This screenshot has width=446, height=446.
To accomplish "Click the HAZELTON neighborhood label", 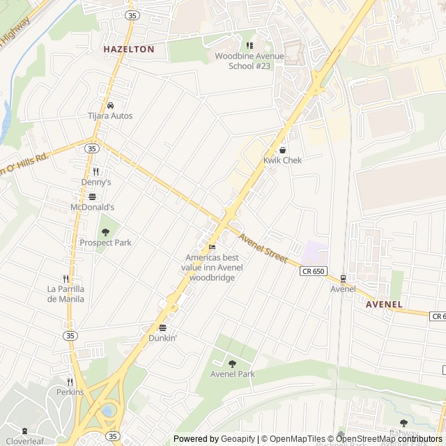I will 128,49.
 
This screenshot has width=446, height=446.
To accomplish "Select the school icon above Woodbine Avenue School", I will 249,45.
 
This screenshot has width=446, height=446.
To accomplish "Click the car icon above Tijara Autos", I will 110,106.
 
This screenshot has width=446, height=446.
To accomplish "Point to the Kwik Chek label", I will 282,160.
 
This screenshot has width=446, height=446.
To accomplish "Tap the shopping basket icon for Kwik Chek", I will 282,150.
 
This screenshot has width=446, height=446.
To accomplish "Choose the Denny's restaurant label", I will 96,182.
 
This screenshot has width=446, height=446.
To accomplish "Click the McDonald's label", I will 92,207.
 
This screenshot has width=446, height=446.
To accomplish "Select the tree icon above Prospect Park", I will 105,232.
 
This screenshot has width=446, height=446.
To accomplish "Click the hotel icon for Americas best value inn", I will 213,246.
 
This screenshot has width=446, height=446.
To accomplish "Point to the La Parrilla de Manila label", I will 66,294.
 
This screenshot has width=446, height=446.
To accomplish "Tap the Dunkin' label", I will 163,338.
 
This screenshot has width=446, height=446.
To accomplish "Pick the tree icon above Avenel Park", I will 232,363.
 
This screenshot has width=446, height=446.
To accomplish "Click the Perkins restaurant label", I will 70,392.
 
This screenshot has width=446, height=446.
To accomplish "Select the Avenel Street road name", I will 263,248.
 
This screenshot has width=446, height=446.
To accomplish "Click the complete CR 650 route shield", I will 314,271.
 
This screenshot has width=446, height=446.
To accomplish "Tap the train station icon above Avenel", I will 342,278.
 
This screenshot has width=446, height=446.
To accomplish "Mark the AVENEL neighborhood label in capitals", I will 384,305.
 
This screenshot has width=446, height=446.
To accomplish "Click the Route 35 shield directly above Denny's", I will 92,148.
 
